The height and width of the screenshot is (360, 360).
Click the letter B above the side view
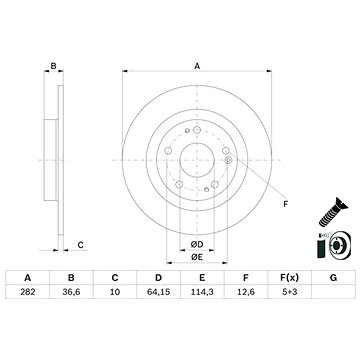click(x=53, y=66)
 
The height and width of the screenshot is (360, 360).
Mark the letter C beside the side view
click(x=81, y=243)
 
